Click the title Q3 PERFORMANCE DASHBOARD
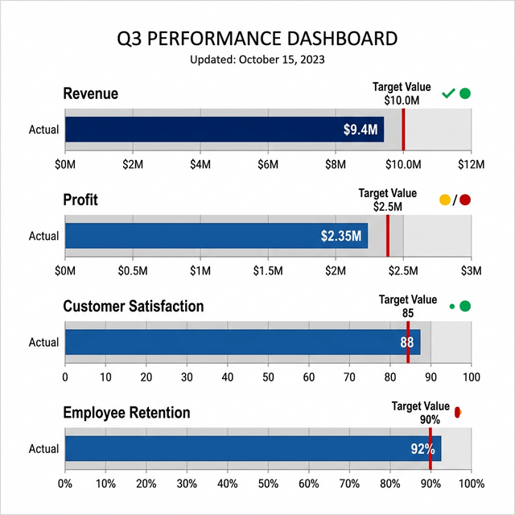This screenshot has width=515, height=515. (257, 38)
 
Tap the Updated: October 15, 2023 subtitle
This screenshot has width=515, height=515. (257, 60)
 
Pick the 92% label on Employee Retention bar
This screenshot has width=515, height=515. (422, 448)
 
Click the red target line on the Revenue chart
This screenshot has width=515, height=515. (403, 129)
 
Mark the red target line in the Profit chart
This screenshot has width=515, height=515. (388, 235)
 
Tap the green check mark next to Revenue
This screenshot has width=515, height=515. (448, 94)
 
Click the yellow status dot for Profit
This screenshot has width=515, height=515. (445, 200)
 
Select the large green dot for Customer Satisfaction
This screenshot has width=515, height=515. (464, 306)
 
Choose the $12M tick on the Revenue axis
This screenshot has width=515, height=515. (471, 165)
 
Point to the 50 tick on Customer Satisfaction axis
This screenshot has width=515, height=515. (268, 377)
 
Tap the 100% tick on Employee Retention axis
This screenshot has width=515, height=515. (470, 484)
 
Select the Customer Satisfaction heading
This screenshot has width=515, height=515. (134, 307)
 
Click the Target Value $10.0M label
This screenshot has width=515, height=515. (402, 93)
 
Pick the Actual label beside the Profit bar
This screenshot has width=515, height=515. (43, 236)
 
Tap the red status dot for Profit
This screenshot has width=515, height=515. (464, 200)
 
